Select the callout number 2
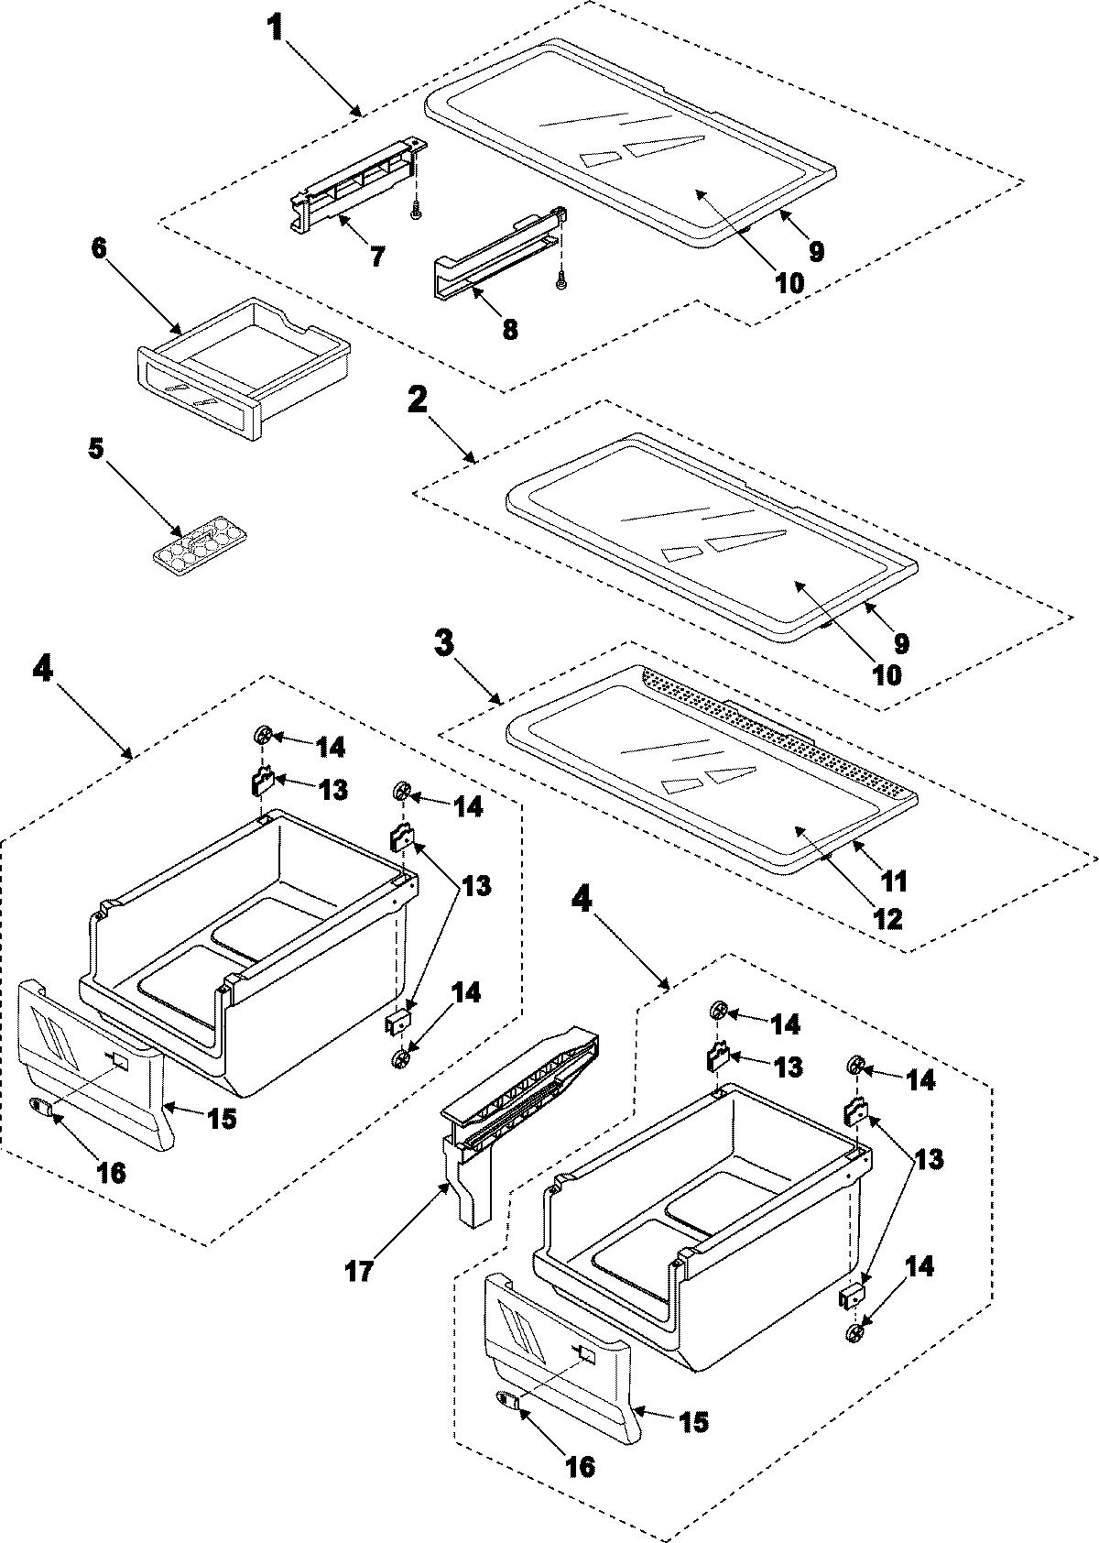[418, 399]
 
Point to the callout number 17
[359, 1273]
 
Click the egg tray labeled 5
[200, 548]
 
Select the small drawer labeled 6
[243, 362]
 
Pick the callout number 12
[887, 917]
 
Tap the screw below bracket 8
[560, 285]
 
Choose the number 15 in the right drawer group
[692, 1421]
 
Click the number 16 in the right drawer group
[579, 1466]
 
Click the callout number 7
[377, 257]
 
